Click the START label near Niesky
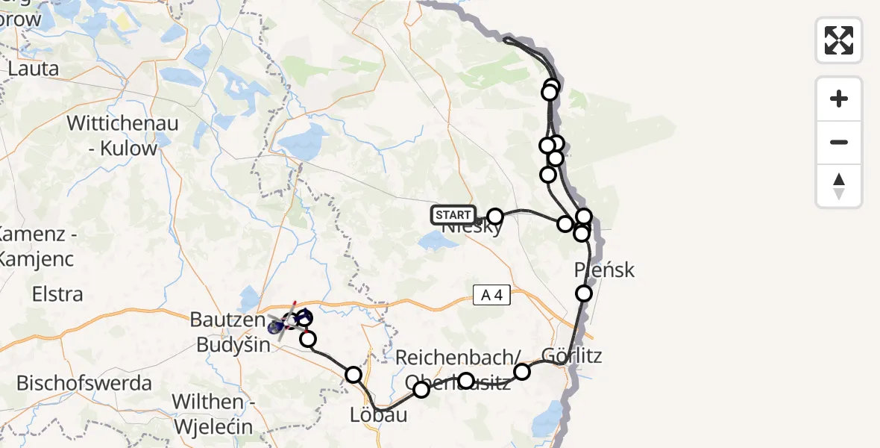[x=453, y=215]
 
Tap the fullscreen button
[x=839, y=40]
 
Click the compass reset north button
[x=839, y=186]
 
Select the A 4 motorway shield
[x=492, y=296]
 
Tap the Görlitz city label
[x=572, y=355]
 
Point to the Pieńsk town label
[x=605, y=270]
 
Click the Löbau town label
[x=379, y=414]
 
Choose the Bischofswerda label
[x=84, y=384]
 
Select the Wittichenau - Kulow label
[x=123, y=135]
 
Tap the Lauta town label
[x=34, y=69]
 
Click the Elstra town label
[x=57, y=294]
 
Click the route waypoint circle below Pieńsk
[x=584, y=293]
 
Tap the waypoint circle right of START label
[x=494, y=217]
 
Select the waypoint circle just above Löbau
[x=353, y=374]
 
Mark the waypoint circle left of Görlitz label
[x=522, y=371]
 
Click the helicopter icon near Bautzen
[x=286, y=323]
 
